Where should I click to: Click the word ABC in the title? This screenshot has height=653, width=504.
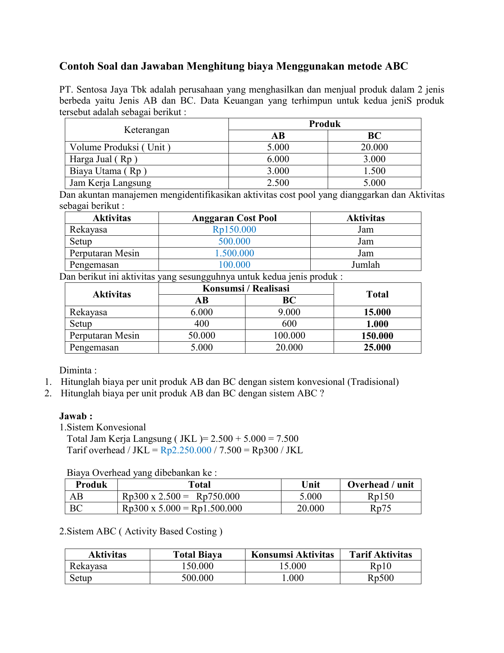tap(396, 66)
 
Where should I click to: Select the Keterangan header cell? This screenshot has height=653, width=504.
tap(147, 130)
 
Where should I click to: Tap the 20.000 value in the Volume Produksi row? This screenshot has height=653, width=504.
tap(374, 148)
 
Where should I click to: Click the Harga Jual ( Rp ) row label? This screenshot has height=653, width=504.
tap(104, 159)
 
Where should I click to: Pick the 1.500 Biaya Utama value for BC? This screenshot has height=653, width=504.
tap(374, 171)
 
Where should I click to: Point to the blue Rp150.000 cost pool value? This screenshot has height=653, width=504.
tap(234, 230)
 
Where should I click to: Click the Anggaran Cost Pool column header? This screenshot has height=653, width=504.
tap(234, 218)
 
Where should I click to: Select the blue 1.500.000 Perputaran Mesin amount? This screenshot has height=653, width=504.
tap(234, 253)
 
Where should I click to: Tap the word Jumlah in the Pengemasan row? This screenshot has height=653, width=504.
tap(366, 265)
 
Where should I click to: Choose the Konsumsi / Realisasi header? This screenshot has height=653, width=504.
tap(246, 288)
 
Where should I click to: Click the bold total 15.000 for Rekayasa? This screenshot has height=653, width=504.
tap(377, 312)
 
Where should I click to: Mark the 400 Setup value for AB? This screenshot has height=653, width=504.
tap(202, 324)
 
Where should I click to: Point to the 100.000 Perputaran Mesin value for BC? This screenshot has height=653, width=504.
tap(289, 336)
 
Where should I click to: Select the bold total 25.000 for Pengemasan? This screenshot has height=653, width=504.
tap(377, 348)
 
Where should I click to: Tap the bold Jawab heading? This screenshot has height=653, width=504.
tap(76, 416)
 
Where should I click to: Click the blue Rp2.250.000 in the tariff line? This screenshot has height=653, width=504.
tap(186, 450)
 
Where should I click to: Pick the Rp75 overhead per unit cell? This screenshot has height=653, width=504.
tap(380, 508)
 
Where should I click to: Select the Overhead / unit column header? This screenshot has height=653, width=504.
tap(380, 485)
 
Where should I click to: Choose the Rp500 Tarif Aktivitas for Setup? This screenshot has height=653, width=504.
tap(380, 578)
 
